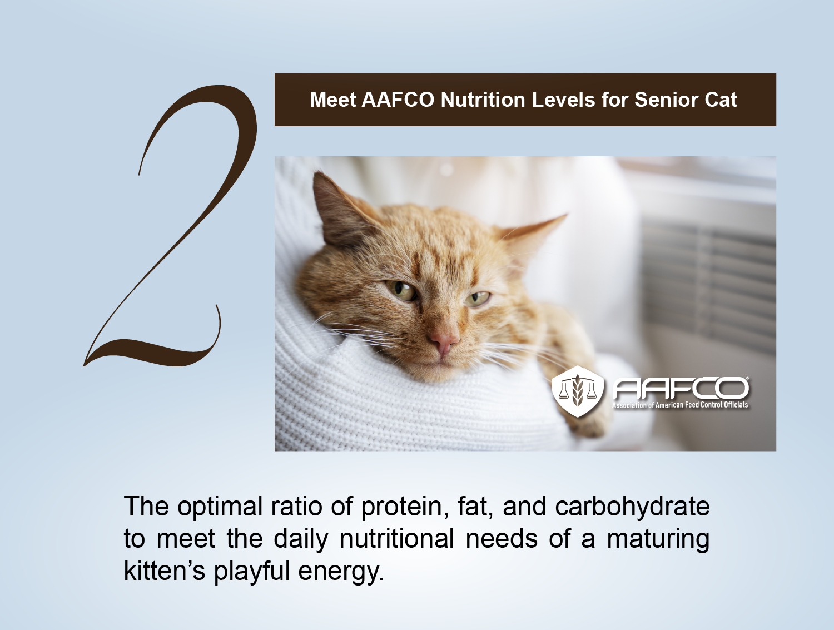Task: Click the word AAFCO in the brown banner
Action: click(398, 100)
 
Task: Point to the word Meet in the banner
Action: click(333, 100)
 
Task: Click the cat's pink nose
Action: click(443, 341)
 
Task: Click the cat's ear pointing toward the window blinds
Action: click(532, 236)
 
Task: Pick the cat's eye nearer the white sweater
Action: click(401, 291)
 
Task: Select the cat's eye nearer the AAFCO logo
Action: click(478, 299)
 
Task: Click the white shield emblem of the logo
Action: click(578, 391)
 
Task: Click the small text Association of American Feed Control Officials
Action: click(680, 405)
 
